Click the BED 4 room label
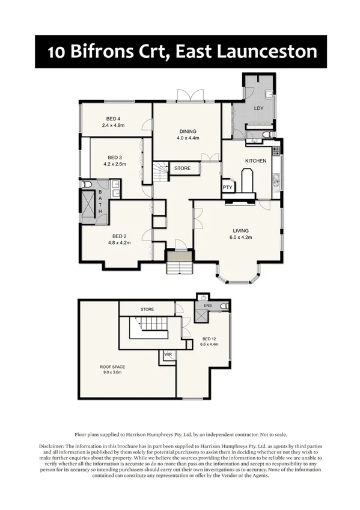[112, 118]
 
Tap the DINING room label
[187, 131]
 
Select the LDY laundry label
[259, 108]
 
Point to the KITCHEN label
[255, 161]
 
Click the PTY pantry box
[228, 187]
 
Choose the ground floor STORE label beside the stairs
[183, 168]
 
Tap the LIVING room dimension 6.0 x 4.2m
[241, 238]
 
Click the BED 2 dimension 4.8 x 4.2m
[119, 242]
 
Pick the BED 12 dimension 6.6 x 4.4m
[210, 345]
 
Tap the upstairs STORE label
[147, 309]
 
